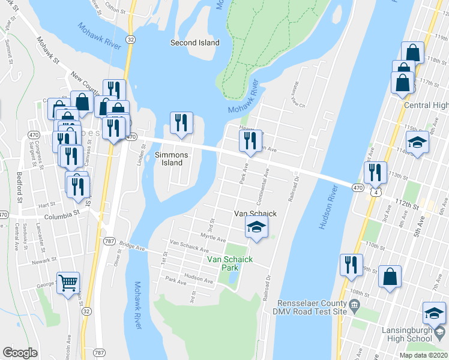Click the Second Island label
(x=195, y=43)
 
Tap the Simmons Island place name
(x=172, y=159)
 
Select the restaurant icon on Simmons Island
(x=180, y=123)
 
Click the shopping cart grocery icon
(x=68, y=282)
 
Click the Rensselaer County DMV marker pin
(x=354, y=307)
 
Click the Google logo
(x=20, y=353)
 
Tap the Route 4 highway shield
(x=374, y=192)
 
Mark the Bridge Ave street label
(x=133, y=246)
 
